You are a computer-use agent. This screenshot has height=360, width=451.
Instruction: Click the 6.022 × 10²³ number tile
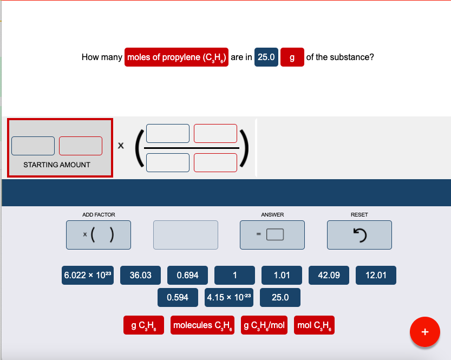click(87, 275)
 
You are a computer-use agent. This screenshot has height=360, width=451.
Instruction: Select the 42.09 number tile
click(329, 275)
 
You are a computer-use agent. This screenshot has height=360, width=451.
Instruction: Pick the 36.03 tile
click(141, 275)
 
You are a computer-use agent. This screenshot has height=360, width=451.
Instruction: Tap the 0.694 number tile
click(188, 275)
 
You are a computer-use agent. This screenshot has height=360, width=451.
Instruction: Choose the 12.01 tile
click(376, 275)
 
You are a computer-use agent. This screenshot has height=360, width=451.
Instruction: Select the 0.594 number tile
click(178, 297)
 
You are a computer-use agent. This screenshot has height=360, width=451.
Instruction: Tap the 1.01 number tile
click(282, 275)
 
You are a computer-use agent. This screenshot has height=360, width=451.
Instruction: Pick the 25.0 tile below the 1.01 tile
click(280, 297)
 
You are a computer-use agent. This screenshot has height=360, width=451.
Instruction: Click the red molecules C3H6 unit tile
click(202, 325)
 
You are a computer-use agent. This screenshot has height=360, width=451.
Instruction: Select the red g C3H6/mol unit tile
click(264, 325)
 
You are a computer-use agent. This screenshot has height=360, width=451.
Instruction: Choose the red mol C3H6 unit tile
click(315, 325)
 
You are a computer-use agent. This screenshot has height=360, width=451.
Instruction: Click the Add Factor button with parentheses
click(99, 234)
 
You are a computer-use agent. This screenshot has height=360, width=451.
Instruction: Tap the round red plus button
click(425, 331)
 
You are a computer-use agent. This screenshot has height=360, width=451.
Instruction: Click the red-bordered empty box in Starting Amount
click(81, 146)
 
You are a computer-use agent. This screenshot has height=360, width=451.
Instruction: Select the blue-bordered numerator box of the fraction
click(168, 133)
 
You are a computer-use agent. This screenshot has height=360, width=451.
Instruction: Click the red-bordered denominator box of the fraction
click(215, 162)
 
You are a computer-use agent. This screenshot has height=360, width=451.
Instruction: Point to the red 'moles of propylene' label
click(177, 57)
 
